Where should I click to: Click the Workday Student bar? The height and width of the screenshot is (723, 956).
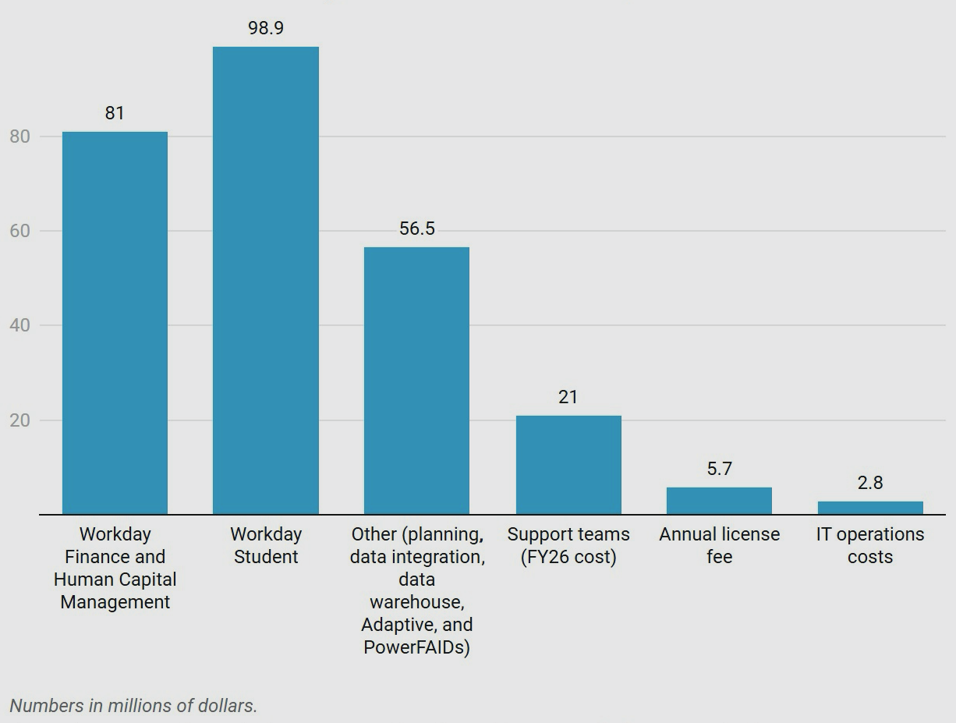coord(266,281)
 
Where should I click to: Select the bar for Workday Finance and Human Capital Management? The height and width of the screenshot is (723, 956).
coord(115,323)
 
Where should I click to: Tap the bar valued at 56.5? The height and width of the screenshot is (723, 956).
coord(416,381)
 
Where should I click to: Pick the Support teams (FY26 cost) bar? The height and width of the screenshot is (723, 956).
coord(568,465)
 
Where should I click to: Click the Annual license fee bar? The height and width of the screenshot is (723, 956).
coord(719,501)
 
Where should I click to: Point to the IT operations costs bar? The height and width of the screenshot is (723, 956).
coord(870,508)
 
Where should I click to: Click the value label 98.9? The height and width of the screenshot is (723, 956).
coord(266,28)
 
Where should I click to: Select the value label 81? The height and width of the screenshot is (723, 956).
coord(115,113)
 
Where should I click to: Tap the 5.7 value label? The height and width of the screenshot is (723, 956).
coord(719,469)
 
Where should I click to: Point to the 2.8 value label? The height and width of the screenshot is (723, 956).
coord(870,483)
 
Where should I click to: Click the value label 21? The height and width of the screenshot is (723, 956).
coord(568,397)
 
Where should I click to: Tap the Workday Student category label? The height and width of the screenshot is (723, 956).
coord(266,545)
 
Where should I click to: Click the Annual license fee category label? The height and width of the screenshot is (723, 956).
coord(719,545)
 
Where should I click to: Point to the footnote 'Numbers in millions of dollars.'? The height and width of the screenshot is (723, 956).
coord(133,706)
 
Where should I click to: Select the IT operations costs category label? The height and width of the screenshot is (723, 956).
coord(870,545)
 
